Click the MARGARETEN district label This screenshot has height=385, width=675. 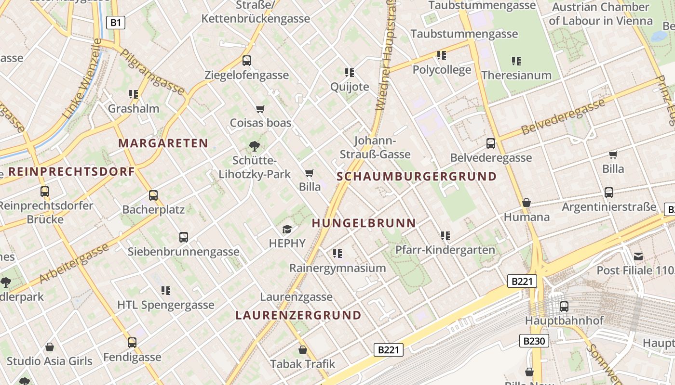pyautogui.click(x=163, y=143)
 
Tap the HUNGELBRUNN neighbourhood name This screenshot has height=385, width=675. pyautogui.click(x=364, y=223)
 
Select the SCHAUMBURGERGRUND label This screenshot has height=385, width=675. pyautogui.click(x=417, y=176)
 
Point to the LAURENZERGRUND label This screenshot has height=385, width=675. pyautogui.click(x=298, y=315)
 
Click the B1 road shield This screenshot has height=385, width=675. pyautogui.click(x=116, y=22)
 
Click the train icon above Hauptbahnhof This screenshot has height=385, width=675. pyautogui.click(x=564, y=307)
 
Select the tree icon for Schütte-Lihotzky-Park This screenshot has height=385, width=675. pyautogui.click(x=254, y=146)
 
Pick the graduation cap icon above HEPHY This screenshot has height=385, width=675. pyautogui.click(x=287, y=230)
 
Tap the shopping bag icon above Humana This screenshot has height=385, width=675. pyautogui.click(x=526, y=203)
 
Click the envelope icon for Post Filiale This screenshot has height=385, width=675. pyautogui.click(x=638, y=257)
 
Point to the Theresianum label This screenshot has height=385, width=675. pyautogui.click(x=516, y=76)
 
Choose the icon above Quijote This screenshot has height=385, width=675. pyautogui.click(x=350, y=73)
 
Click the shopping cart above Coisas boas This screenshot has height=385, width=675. pyautogui.click(x=260, y=109)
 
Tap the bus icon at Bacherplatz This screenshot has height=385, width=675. pyautogui.click(x=153, y=195)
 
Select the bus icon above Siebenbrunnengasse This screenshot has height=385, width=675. pyautogui.click(x=184, y=237)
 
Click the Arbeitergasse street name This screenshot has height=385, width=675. pyautogui.click(x=74, y=264)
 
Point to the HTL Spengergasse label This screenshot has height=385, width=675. pyautogui.click(x=166, y=305)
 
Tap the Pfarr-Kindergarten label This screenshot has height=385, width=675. pyautogui.click(x=445, y=250)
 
